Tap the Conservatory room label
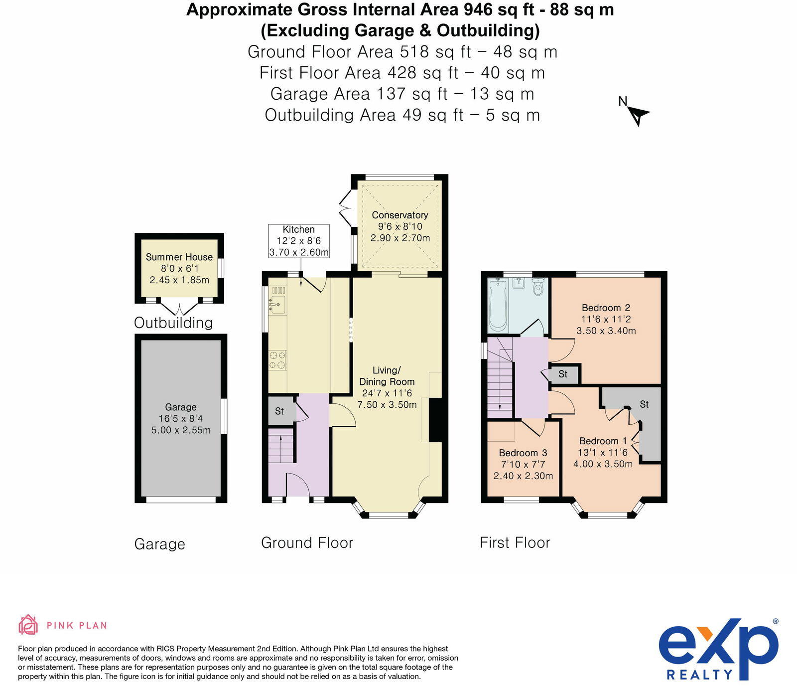[x=400, y=215]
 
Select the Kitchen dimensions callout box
[x=298, y=241]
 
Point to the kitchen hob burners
[x=277, y=360]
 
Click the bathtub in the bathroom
[x=498, y=305]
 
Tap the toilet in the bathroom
[x=538, y=288]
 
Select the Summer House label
[x=179, y=257]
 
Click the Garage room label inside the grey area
[x=181, y=407]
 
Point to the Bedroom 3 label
[x=523, y=453]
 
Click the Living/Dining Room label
[x=387, y=376]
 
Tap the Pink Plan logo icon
[x=28, y=625]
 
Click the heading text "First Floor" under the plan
[x=515, y=543]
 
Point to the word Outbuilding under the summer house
[x=173, y=323]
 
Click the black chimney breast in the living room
[x=435, y=419]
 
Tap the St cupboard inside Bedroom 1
[x=645, y=404]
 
